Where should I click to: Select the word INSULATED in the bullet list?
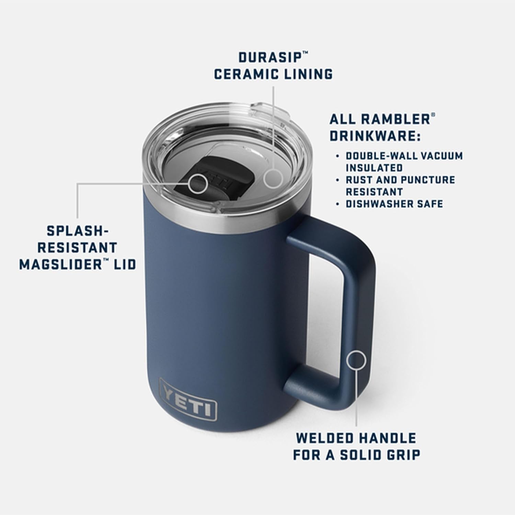[374, 168]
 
